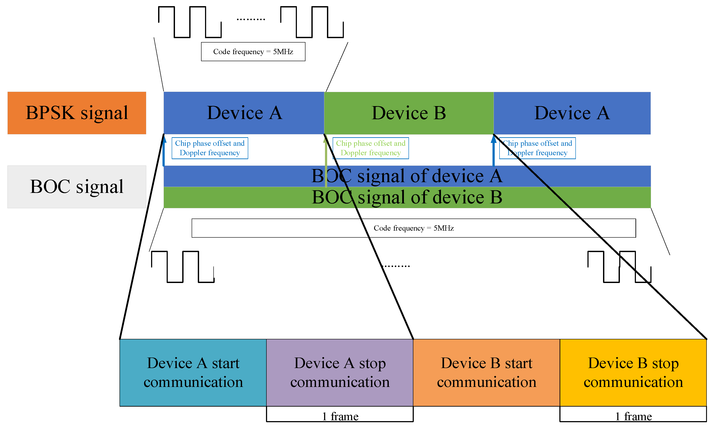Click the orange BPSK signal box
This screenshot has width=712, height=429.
tap(77, 113)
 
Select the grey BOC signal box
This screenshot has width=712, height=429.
tap(77, 187)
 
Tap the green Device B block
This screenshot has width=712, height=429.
tap(409, 113)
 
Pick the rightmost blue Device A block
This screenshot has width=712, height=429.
tap(572, 113)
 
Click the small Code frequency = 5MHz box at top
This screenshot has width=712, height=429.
tap(253, 52)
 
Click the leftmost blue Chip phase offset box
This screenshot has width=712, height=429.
tap(210, 148)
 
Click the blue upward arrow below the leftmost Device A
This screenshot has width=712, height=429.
tap(164, 152)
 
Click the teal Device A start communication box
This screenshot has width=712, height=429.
tap(193, 372)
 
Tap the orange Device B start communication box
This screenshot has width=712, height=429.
tap(486, 372)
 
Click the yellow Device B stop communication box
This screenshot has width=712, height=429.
tap(633, 372)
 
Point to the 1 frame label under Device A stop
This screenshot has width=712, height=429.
tap(340, 416)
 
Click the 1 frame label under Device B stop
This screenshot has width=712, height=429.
tap(633, 416)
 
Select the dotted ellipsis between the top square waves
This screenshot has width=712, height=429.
tap(251, 19)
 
